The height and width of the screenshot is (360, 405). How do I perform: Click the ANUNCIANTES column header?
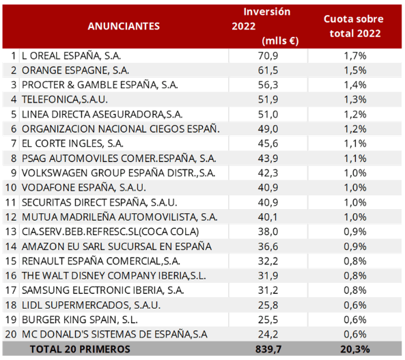coord(124,26)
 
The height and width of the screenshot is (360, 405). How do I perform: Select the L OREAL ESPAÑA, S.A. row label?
coord(71,56)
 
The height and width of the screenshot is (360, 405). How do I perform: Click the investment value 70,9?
coord(268,56)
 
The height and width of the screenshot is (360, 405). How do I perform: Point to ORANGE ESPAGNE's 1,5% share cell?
coord(355,70)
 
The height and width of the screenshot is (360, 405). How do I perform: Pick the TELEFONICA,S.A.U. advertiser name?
coord(65,100)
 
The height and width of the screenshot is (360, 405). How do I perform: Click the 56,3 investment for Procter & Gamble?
coord(268,85)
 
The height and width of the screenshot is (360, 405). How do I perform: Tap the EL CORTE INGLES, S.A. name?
coord(72,143)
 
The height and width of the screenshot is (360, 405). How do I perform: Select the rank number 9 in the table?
coord(14,173)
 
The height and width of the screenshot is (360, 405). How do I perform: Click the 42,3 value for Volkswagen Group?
coord(268,173)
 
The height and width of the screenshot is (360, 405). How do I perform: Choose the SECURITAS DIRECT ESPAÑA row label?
coord(100,202)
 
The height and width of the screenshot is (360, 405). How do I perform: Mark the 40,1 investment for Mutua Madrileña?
coord(268,217)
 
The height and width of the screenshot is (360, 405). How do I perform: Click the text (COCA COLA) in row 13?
coord(169,232)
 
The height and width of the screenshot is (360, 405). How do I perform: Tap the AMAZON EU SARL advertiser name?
coord(117,247)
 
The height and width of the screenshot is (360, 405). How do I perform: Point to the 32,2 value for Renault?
coord(268,261)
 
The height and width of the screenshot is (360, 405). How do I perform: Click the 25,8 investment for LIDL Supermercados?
coord(268,305)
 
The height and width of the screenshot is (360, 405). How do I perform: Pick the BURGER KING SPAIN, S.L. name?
coord(79,320)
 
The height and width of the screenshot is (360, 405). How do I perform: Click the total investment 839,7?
coord(268,349)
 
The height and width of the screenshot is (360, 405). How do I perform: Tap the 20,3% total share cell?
coord(355,349)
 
